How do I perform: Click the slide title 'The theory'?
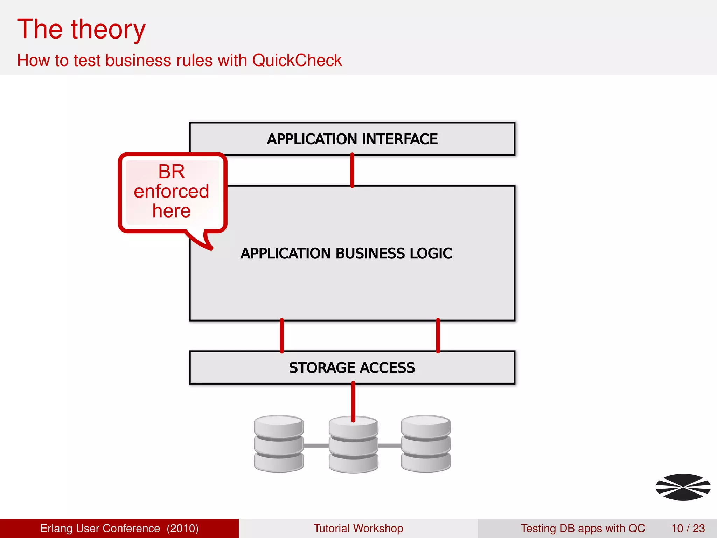point(81,29)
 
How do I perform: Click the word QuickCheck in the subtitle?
point(297,60)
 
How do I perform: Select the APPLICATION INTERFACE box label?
point(352,139)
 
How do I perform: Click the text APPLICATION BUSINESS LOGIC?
point(346,253)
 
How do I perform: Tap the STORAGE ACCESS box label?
point(352,368)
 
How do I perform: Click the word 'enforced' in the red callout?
point(171,191)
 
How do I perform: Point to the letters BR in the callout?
point(171,172)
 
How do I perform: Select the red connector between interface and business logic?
point(352,171)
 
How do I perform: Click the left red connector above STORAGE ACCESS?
point(282,336)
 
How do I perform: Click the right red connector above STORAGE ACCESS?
point(438,336)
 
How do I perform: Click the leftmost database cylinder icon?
point(279,444)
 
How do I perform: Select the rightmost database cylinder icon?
point(426,444)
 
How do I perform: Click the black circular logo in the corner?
point(683,487)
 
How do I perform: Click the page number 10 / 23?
point(688,528)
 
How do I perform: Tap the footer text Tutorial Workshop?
point(358,528)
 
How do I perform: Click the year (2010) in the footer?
point(182,528)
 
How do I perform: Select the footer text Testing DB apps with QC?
point(583,528)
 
